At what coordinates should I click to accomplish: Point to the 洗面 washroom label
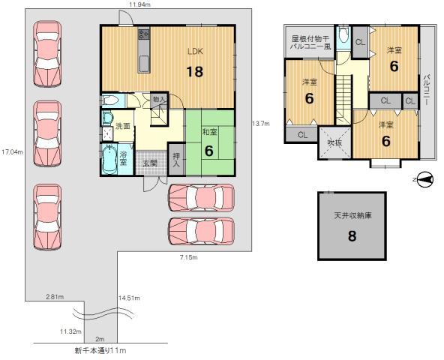pyautogui.click(x=123, y=126)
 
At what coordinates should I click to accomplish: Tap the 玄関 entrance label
pyautogui.click(x=150, y=163)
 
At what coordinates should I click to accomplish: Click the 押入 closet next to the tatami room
pyautogui.click(x=176, y=158)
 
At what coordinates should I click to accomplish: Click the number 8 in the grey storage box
pyautogui.click(x=352, y=236)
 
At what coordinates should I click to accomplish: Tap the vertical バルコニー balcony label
pyautogui.click(x=427, y=88)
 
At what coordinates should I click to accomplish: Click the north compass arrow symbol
pyautogui.click(x=424, y=178)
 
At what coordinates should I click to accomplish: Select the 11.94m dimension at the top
pyautogui.click(x=138, y=5)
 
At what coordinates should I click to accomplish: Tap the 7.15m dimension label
pyautogui.click(x=188, y=257)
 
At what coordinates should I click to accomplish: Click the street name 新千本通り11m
pyautogui.click(x=100, y=350)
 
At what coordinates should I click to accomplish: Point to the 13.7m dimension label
pyautogui.click(x=260, y=123)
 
